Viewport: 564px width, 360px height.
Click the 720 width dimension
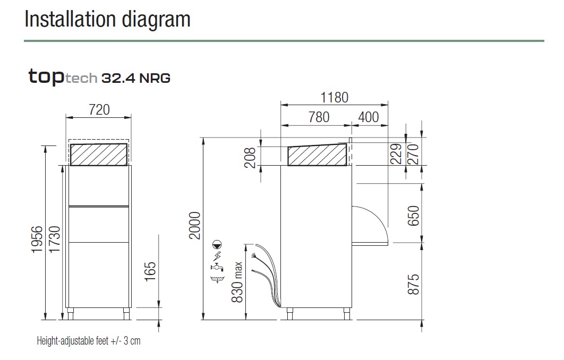tap(99, 110)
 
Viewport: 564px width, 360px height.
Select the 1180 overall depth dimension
tap(334, 98)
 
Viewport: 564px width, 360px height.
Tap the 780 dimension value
tap(319, 117)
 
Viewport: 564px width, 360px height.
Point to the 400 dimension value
tap(369, 117)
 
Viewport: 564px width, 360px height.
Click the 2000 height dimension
tap(194, 226)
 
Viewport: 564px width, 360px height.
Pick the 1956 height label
tap(37, 239)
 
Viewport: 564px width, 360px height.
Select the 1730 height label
tap(55, 239)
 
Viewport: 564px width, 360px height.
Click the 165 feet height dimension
tap(150, 271)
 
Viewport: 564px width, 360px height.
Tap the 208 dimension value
tap(250, 158)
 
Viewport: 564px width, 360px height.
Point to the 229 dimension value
tap(396, 154)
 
